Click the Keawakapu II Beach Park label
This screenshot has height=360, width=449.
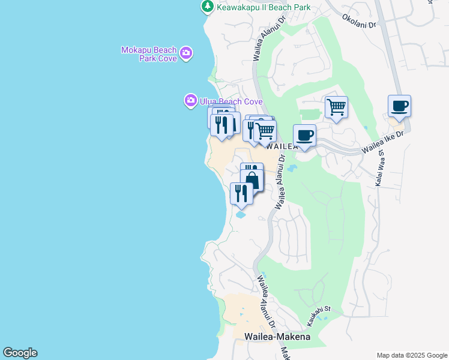tap(264, 7)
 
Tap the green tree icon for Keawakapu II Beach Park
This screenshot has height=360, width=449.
tap(207, 7)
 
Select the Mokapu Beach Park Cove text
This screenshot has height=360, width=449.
tap(149, 54)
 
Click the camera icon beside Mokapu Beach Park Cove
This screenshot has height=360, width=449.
tap(187, 53)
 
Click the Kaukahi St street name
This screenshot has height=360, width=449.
tap(319, 316)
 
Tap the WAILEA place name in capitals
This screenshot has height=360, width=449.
tap(282, 146)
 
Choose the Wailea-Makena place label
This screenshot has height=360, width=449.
tap(277, 337)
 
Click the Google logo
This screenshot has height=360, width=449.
tap(20, 353)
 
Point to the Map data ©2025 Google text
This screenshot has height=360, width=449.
tap(411, 355)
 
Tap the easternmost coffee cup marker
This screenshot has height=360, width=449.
tap(399, 107)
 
